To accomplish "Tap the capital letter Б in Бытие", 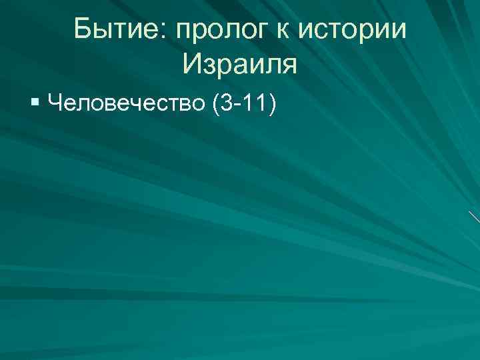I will tap(83, 31).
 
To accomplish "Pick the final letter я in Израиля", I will tap(289, 67).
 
